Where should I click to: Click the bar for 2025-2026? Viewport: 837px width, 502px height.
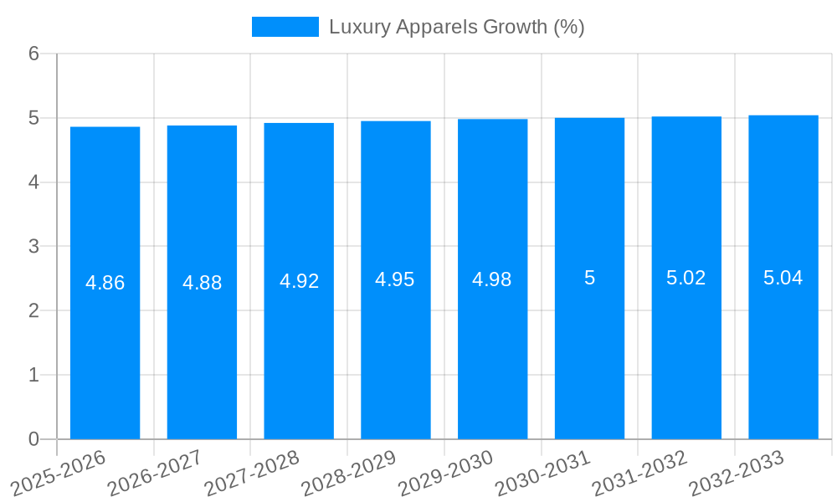tap(105, 351)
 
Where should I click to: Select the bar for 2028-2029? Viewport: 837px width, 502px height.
tap(396, 351)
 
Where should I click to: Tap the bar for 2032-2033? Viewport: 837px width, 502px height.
tap(783, 351)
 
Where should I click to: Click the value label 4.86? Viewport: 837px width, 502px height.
tap(105, 283)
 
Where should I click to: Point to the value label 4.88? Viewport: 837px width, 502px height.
tap(202, 283)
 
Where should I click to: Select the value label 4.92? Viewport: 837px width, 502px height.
tap(299, 281)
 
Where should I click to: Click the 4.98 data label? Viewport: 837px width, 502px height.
tap(492, 279)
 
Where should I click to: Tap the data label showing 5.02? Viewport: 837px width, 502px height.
tap(686, 278)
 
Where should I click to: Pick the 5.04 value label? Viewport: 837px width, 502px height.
tap(783, 278)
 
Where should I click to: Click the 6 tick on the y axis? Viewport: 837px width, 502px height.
tap(33, 54)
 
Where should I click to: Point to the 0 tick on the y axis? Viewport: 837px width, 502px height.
tap(33, 439)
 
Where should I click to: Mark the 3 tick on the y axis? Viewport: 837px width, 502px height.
tap(33, 247)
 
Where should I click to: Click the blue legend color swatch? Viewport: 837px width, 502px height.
tap(285, 27)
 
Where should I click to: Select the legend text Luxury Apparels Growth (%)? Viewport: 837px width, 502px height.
tap(456, 27)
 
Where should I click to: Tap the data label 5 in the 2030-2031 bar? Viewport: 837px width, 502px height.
tap(589, 278)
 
